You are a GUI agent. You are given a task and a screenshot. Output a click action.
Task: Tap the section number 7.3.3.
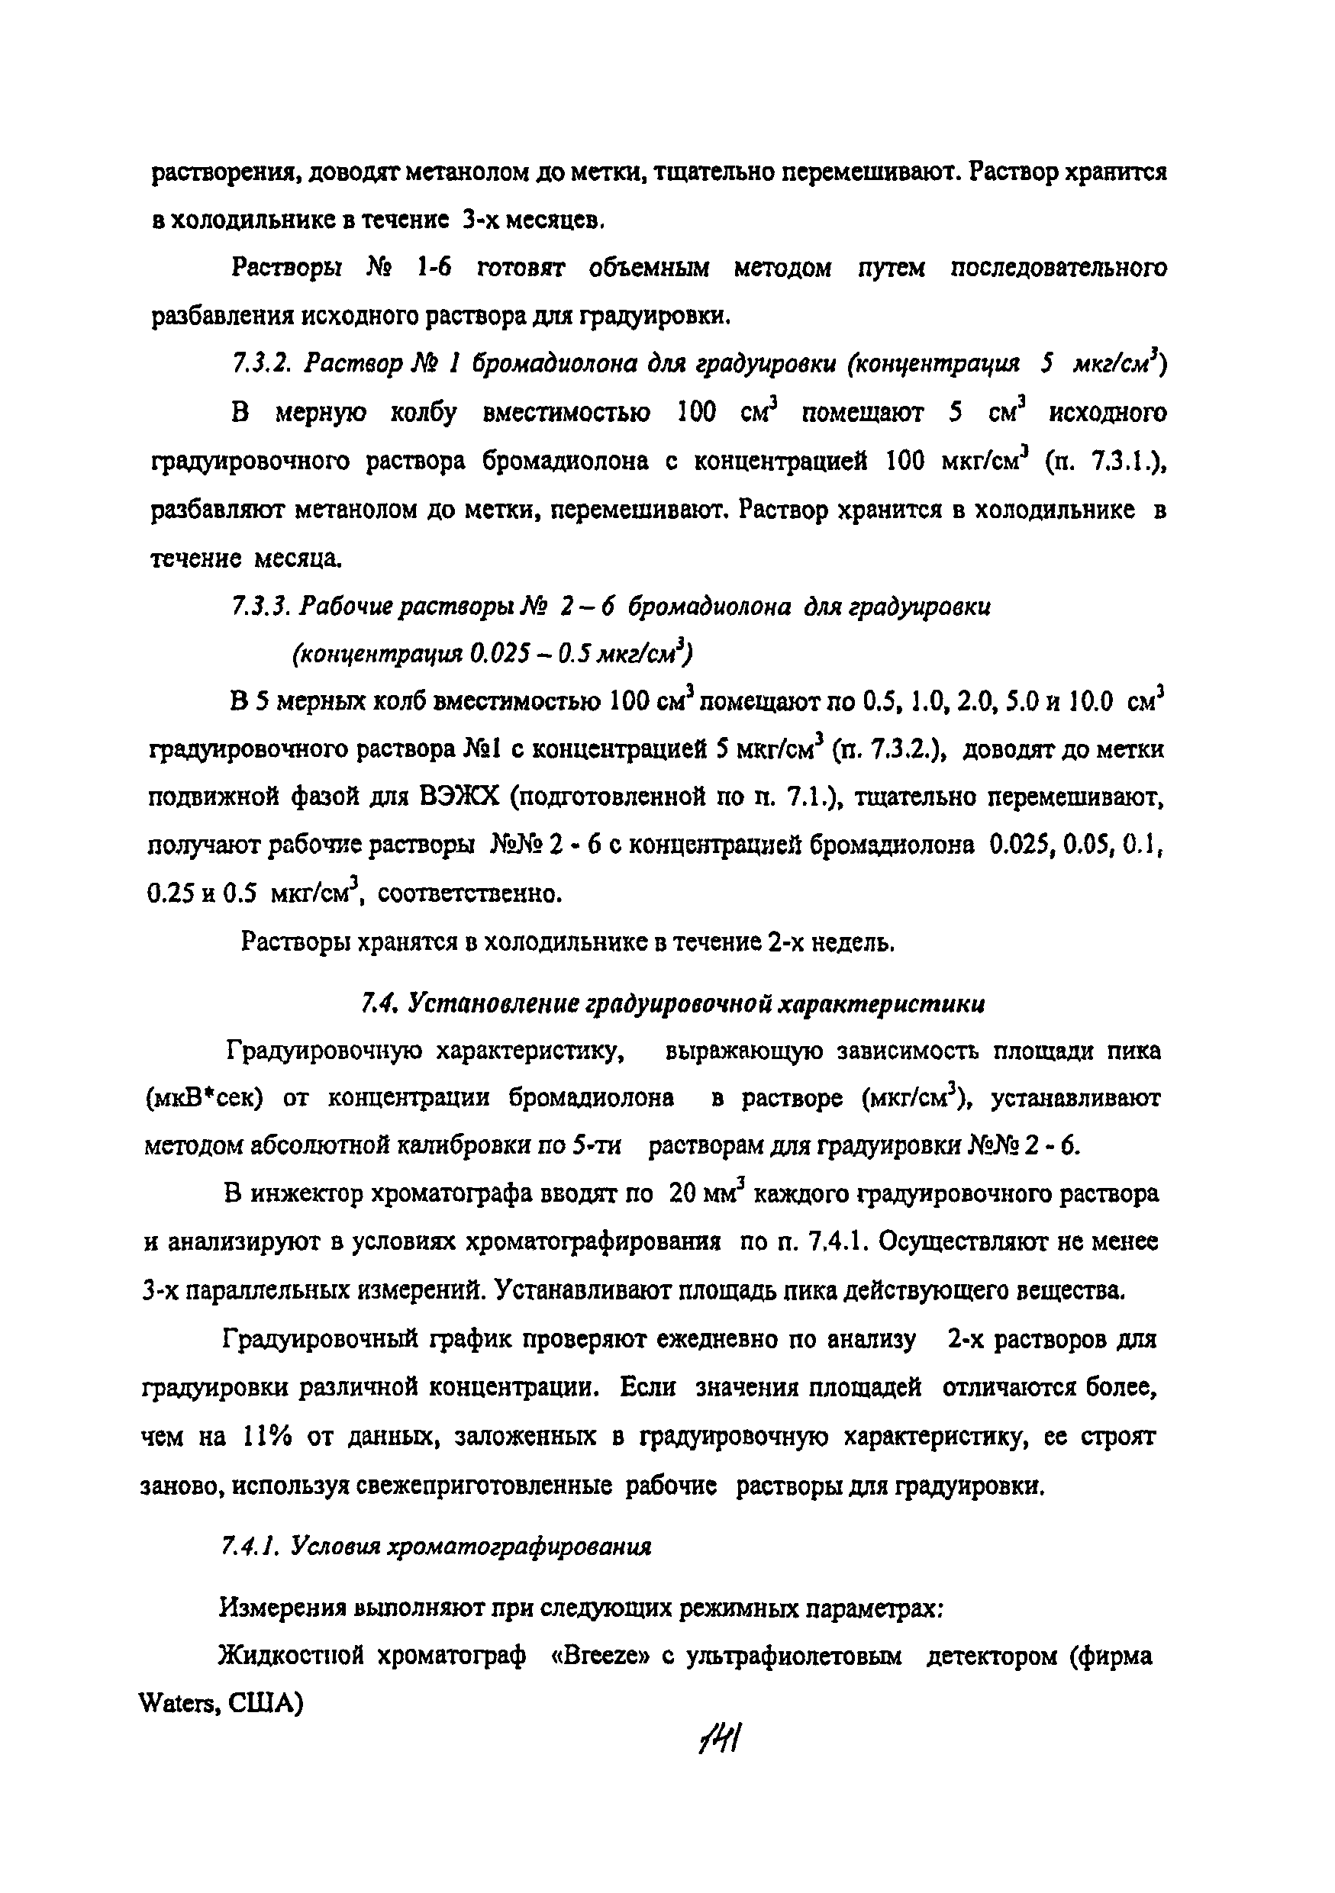click(259, 607)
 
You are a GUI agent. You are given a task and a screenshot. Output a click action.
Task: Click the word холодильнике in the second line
click(253, 221)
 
